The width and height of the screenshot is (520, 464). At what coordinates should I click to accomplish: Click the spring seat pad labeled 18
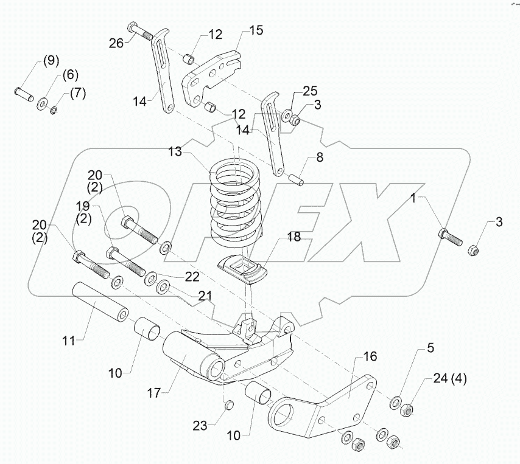[x=244, y=269]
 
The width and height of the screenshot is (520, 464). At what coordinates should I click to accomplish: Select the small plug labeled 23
[x=230, y=404]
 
